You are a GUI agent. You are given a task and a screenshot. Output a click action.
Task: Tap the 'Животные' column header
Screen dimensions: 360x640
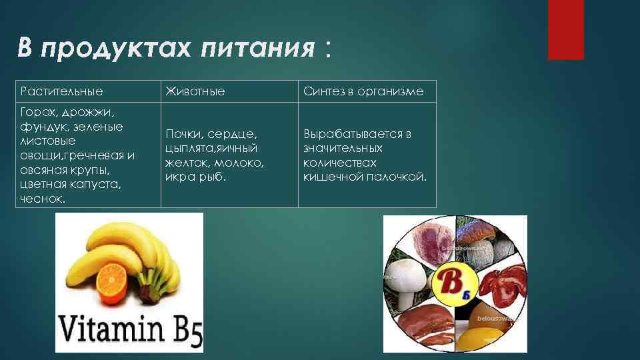[195, 91]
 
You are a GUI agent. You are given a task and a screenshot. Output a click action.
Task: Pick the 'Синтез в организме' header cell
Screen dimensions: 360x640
[363, 91]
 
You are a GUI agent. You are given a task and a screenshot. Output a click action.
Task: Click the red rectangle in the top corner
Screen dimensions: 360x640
[565, 30]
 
